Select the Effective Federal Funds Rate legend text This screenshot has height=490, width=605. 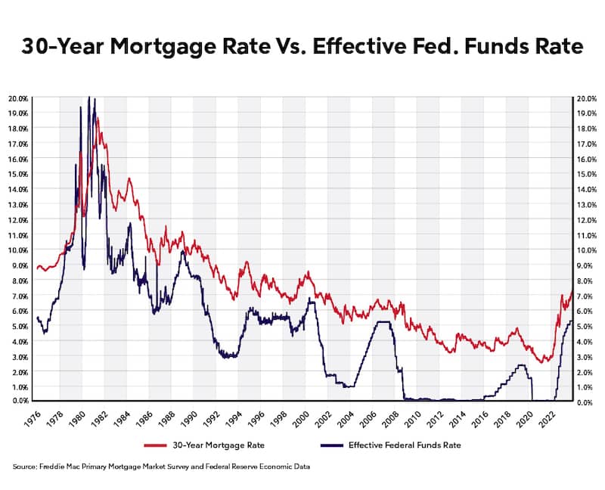[404, 445]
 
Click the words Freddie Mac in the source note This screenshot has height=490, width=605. [58, 468]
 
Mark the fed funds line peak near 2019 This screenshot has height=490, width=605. [521, 365]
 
